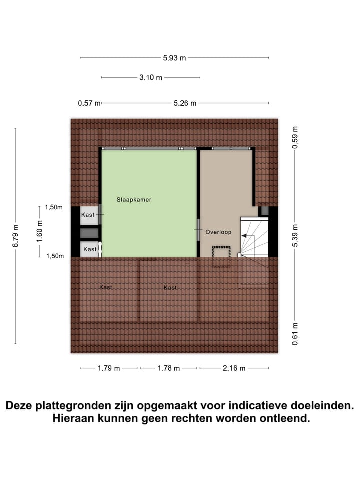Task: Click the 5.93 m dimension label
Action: tap(174, 58)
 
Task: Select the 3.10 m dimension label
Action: tap(150, 77)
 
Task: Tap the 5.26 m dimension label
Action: tap(185, 103)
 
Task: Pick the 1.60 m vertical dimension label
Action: tap(40, 231)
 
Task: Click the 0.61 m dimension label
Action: tap(295, 335)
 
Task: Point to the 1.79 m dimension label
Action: tap(109, 368)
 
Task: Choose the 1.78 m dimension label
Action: tap(168, 368)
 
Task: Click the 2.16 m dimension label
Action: tap(234, 368)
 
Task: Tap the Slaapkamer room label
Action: tap(134, 199)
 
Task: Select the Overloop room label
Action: tap(218, 232)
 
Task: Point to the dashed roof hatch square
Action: tap(221, 252)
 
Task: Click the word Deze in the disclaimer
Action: tap(20, 405)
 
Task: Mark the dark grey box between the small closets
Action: tap(90, 232)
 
